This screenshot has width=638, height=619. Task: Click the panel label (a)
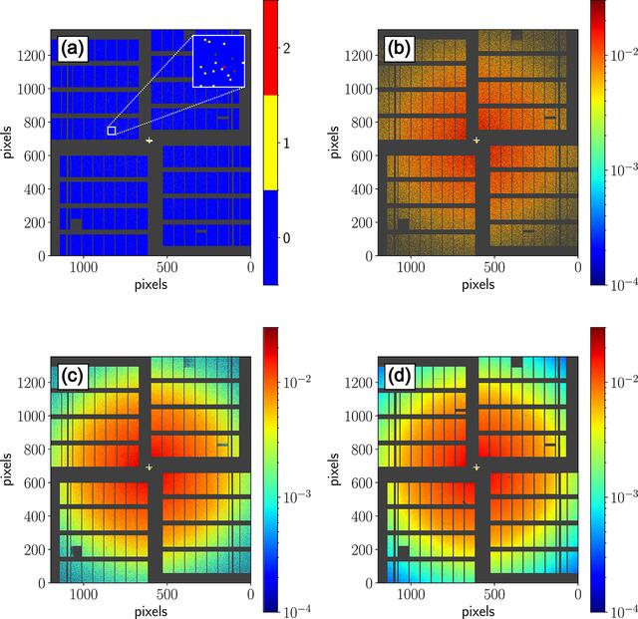(73, 49)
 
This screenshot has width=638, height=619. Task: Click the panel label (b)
(399, 49)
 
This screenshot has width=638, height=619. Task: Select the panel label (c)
(73, 377)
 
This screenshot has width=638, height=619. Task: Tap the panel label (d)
(399, 377)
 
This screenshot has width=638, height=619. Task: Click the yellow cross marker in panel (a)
(150, 141)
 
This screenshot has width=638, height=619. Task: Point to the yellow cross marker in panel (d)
(477, 467)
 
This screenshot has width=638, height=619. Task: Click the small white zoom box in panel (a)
(112, 131)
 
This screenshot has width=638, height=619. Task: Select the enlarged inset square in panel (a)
(218, 61)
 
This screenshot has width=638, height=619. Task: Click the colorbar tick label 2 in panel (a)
(286, 49)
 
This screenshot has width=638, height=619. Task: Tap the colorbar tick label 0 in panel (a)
(286, 238)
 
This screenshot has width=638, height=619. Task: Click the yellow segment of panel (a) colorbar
(270, 143)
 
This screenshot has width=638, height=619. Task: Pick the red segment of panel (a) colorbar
(270, 48)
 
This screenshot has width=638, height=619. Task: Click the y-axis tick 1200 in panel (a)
(31, 55)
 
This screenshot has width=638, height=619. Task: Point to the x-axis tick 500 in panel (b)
(494, 267)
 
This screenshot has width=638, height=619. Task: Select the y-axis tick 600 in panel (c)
(35, 482)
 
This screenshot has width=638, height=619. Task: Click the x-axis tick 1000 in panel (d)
(411, 595)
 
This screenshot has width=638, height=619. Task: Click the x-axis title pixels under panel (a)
(151, 284)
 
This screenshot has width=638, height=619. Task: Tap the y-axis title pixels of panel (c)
(7, 469)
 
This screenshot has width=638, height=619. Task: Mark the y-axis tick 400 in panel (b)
(362, 189)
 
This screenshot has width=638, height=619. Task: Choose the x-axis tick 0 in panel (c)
(250, 595)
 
